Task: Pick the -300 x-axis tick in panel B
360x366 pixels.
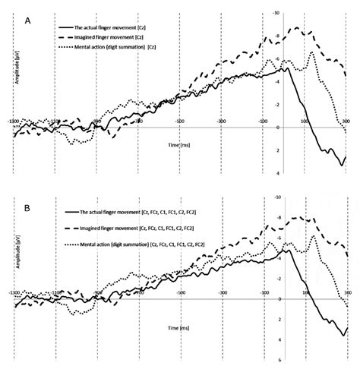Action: (221, 291)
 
